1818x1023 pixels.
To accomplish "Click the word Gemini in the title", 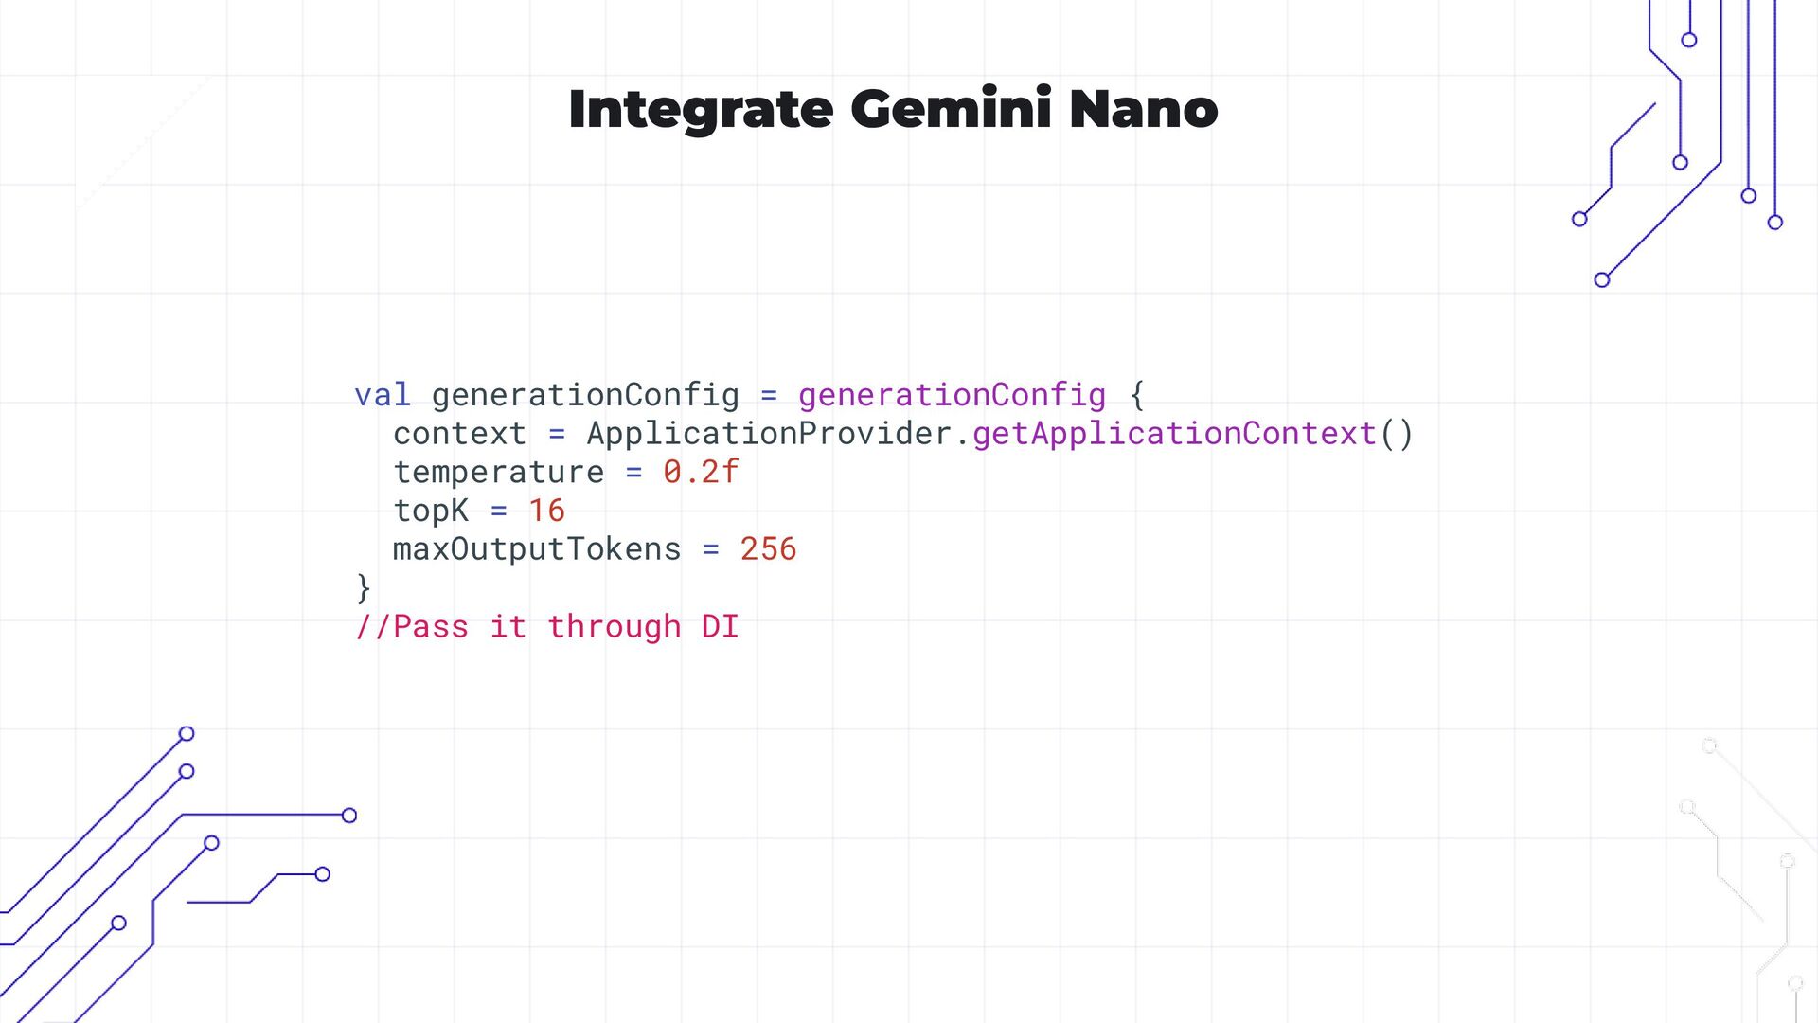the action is (951, 109).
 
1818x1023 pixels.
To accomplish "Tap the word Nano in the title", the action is (1143, 109).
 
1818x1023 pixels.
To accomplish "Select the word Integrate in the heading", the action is (701, 111).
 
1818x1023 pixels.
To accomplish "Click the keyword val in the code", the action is (383, 395).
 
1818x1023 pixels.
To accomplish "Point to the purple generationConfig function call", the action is (952, 395).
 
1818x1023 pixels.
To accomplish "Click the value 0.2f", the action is (701, 472).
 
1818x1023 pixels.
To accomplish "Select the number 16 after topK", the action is (546, 511).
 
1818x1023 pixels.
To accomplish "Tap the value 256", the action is (768, 549).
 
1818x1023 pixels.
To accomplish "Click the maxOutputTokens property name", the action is (537, 549).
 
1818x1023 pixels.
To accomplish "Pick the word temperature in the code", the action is (498, 472).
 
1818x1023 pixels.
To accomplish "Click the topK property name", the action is (431, 511).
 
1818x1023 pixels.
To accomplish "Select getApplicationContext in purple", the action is (1174, 434).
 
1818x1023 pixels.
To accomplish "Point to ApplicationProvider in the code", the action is (769, 434).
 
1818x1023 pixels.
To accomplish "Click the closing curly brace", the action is (364, 588).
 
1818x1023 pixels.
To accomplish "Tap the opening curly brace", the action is (1137, 395).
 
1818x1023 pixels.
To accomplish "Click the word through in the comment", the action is (614, 627).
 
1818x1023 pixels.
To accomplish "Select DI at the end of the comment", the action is (720, 627).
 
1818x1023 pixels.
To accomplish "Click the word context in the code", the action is (459, 434).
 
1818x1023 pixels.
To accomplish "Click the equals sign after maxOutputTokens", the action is (710, 549).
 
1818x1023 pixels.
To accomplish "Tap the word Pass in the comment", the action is (430, 627).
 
